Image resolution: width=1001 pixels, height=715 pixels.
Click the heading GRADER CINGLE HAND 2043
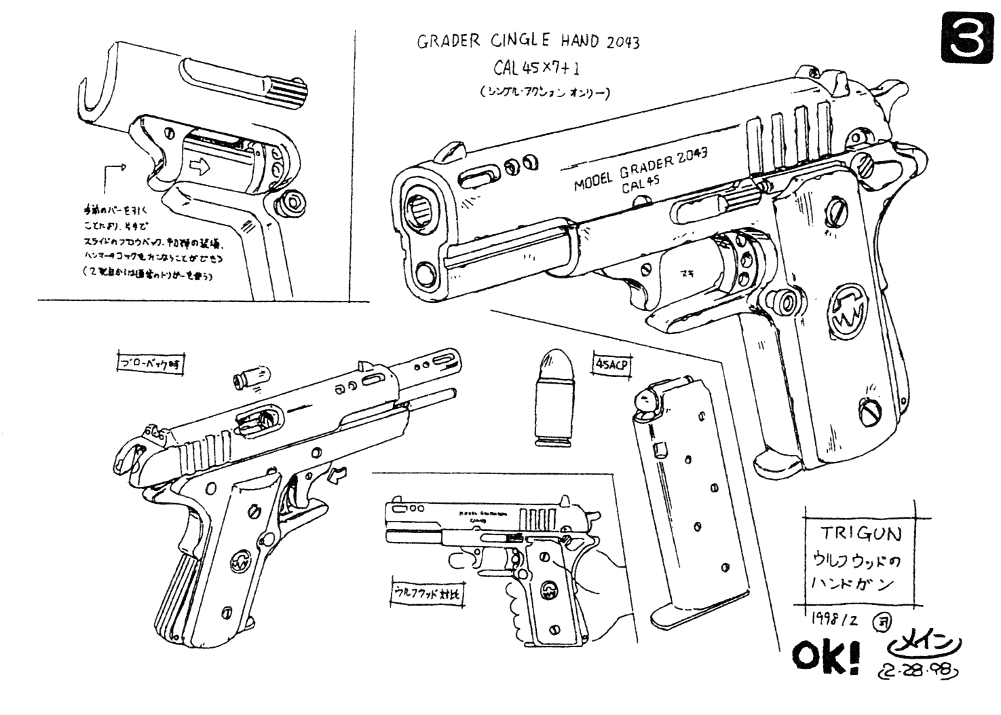tap(527, 42)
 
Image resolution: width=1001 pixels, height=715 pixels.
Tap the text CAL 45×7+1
tap(540, 68)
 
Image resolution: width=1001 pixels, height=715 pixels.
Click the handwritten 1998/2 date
tap(835, 619)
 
